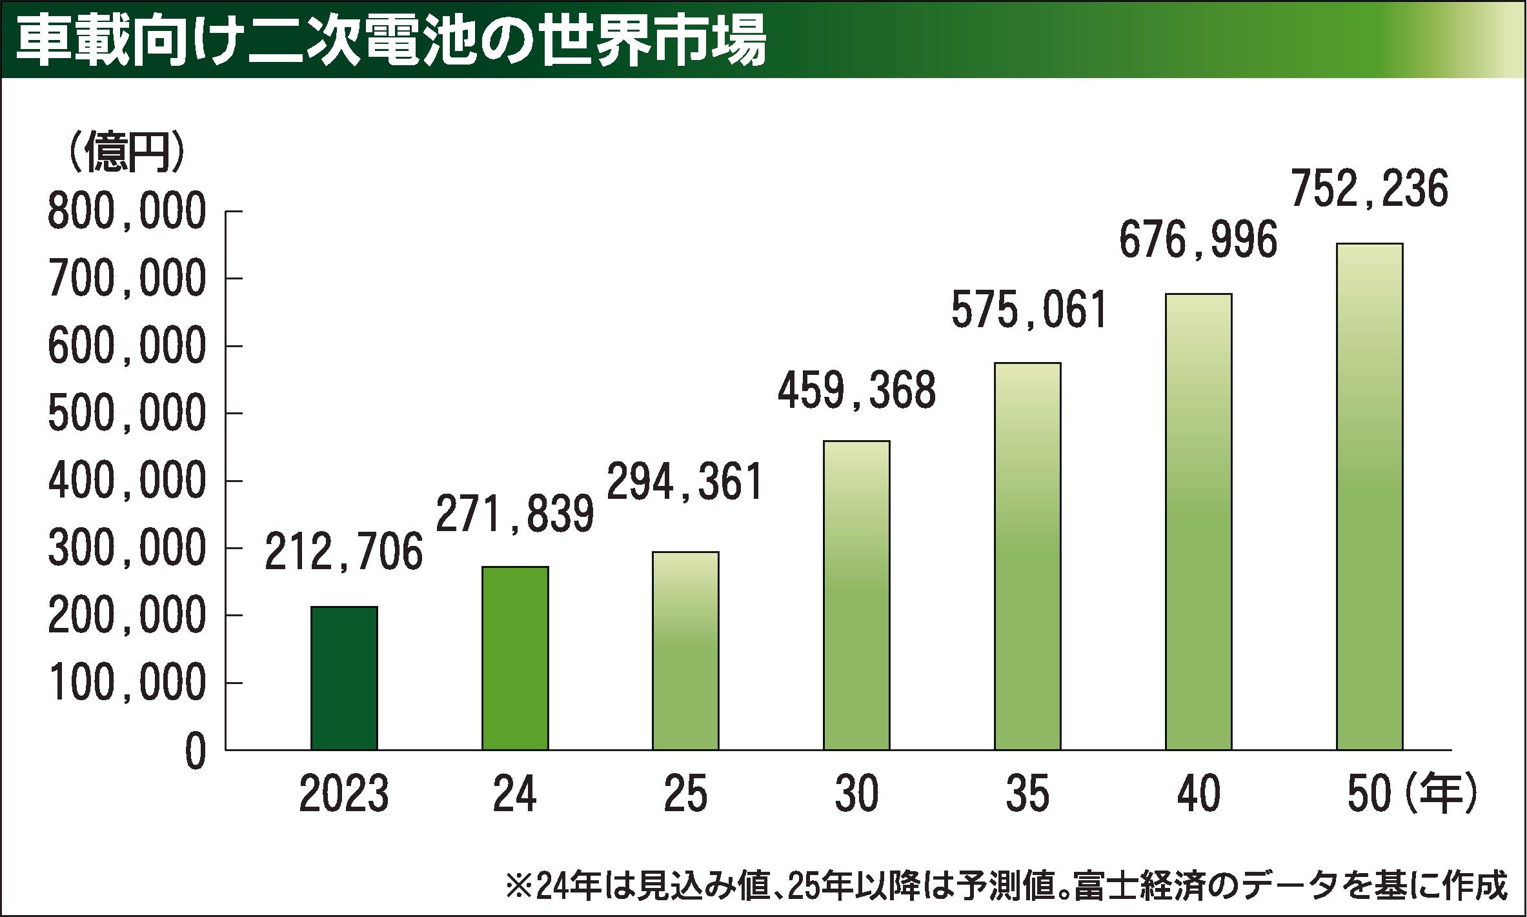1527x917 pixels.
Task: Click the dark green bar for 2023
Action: coord(344,678)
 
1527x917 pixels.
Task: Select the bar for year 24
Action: coord(515,658)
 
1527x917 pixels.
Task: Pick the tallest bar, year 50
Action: coord(1370,496)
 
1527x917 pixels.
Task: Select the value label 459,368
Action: coord(856,391)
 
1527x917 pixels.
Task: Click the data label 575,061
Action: coord(1029,310)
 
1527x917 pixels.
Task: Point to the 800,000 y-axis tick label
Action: coord(126,213)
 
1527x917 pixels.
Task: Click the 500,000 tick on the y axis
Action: coord(126,414)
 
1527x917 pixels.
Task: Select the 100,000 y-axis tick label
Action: coord(126,683)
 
